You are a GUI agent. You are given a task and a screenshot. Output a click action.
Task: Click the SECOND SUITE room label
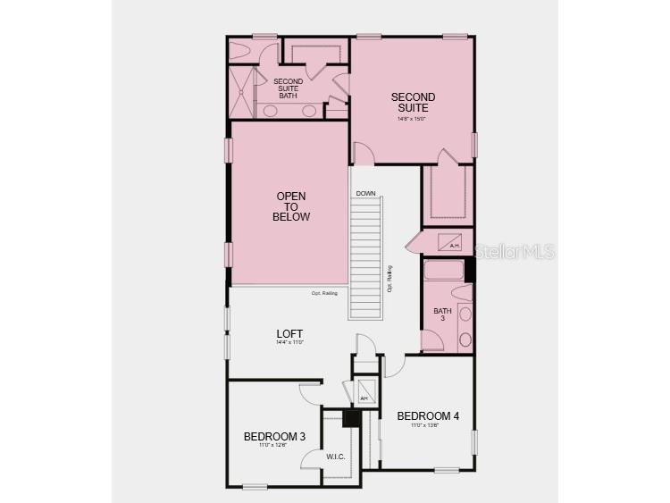(x=413, y=102)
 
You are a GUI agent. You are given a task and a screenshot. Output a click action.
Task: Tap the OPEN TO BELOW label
(x=292, y=206)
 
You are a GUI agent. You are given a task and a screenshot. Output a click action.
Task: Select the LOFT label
(x=289, y=334)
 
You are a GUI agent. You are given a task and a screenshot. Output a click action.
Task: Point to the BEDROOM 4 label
(x=428, y=415)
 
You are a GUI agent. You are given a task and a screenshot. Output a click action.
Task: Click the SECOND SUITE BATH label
(x=288, y=88)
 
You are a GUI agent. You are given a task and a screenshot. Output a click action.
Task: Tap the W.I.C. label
(x=336, y=457)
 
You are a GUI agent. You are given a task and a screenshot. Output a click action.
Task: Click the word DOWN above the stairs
(x=365, y=194)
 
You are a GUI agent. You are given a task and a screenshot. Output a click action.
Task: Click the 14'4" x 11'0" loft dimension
(x=289, y=343)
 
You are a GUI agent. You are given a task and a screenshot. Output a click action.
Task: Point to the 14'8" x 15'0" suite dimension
(x=413, y=118)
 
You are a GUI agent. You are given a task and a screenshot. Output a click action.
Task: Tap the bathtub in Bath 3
(x=443, y=271)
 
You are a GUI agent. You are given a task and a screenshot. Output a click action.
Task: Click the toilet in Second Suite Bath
(x=242, y=51)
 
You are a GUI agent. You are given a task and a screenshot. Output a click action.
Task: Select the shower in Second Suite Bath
(x=242, y=92)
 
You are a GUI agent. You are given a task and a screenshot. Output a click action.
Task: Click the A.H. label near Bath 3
(x=454, y=245)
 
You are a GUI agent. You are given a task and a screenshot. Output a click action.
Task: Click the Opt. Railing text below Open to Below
(x=324, y=293)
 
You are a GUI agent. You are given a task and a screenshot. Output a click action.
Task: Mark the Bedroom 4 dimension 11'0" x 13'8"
(x=428, y=425)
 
